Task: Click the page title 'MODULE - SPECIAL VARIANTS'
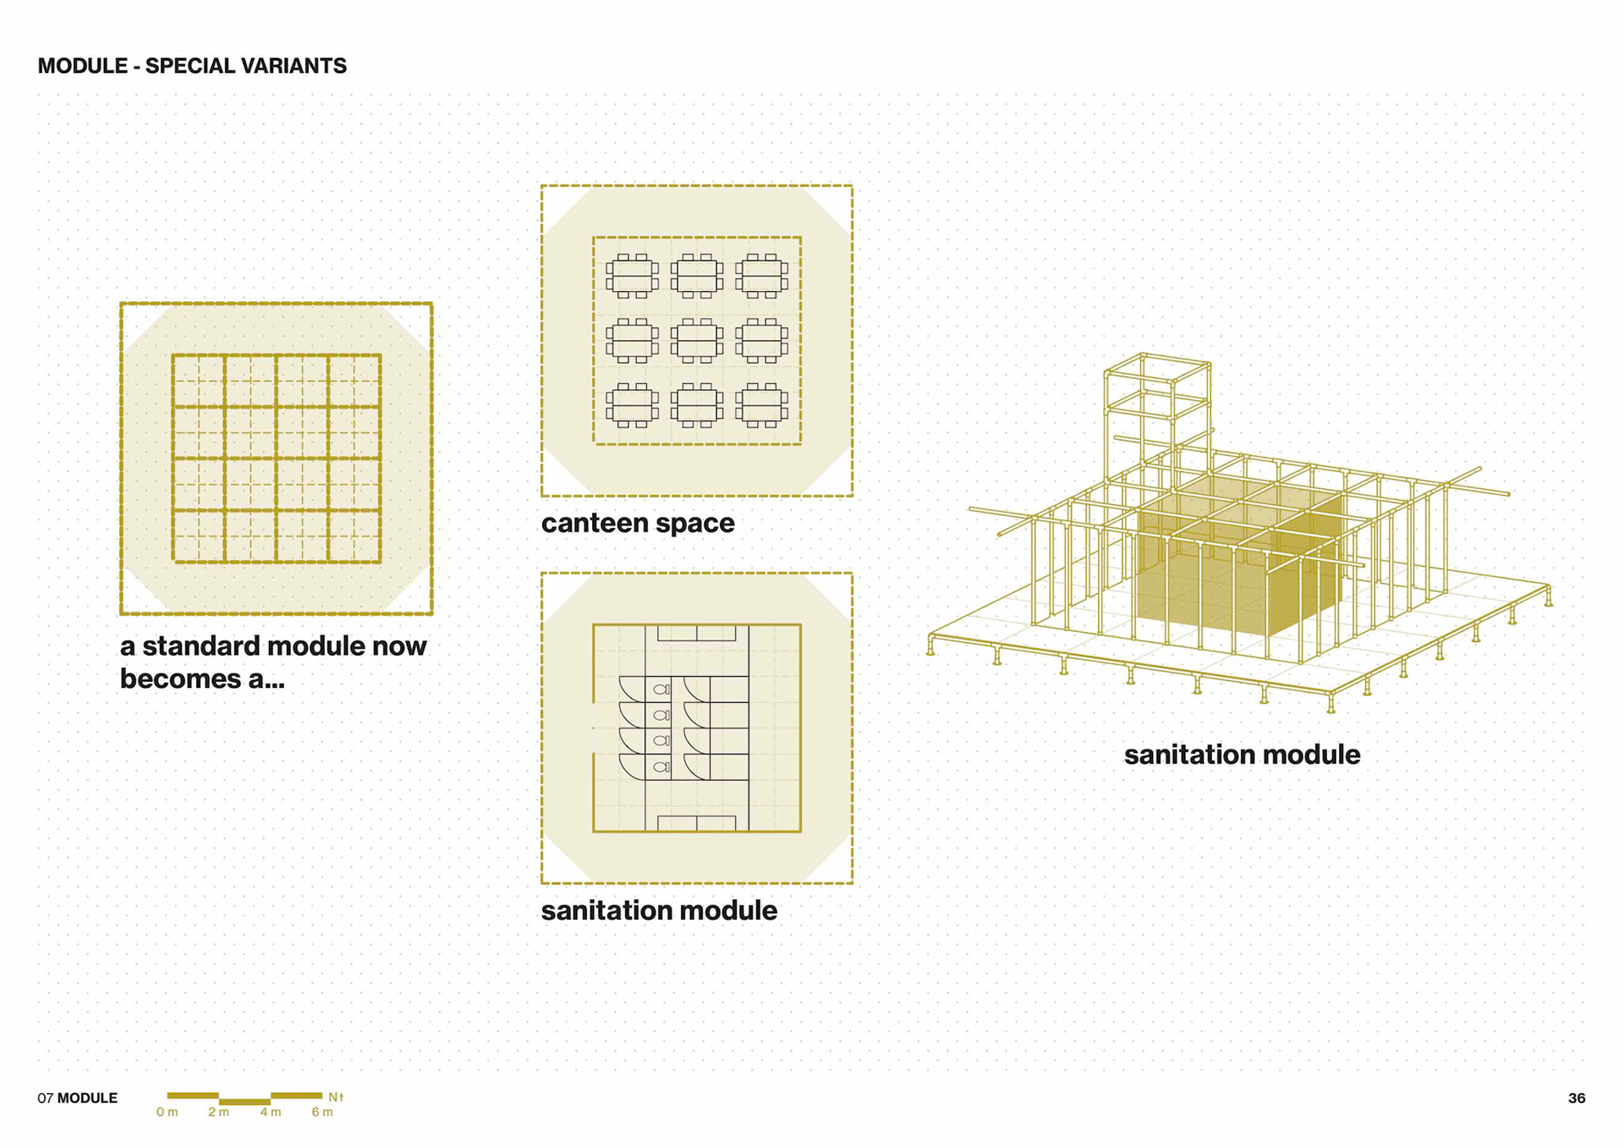click(192, 66)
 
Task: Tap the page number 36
click(1576, 1098)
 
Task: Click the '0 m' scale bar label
click(167, 1112)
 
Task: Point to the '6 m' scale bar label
click(322, 1112)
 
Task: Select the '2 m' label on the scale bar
click(218, 1112)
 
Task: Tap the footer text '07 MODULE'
click(77, 1098)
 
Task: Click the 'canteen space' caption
click(638, 523)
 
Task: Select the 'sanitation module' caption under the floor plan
click(659, 910)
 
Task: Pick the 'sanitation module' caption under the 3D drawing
click(1242, 755)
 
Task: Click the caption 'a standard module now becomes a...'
click(272, 662)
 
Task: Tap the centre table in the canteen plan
click(697, 341)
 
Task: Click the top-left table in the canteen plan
click(632, 276)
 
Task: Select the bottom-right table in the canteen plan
click(762, 405)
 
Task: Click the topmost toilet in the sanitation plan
click(661, 689)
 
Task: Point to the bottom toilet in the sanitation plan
click(661, 766)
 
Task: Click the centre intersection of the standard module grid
click(277, 459)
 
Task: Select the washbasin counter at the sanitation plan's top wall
click(696, 633)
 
